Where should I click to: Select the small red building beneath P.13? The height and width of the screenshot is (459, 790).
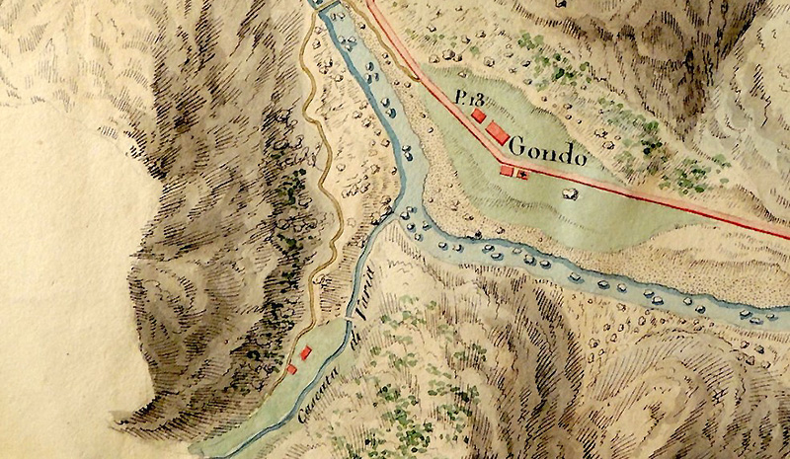pos(479,115)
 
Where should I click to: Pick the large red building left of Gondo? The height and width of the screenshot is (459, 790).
pos(498,133)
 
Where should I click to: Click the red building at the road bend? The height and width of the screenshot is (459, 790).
pos(507,171)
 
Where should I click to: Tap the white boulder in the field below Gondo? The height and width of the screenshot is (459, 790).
pos(568,193)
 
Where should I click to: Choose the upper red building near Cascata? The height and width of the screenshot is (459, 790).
pos(306,351)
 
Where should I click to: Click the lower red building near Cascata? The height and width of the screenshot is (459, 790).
pos(291,369)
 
